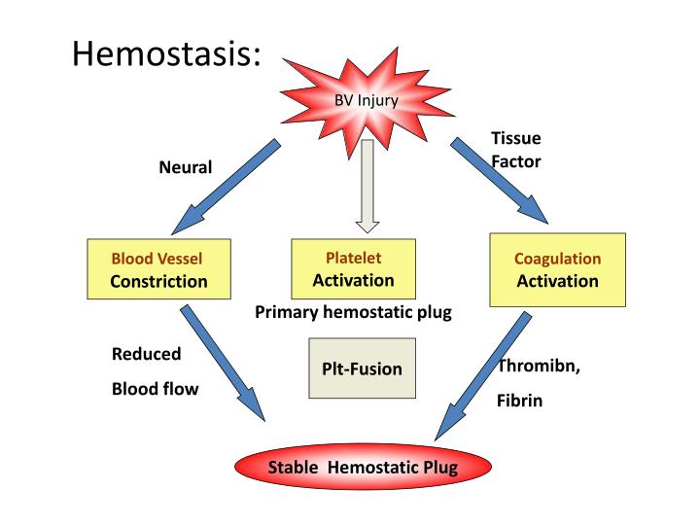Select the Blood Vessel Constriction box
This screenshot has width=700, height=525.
point(158,270)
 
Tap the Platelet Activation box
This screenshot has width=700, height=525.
point(353,268)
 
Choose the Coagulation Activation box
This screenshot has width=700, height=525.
point(557,269)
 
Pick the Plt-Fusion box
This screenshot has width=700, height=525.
point(362,368)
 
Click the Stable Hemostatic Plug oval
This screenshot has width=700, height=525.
point(363,468)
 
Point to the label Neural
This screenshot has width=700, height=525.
point(185,167)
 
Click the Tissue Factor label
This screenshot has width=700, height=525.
point(515,150)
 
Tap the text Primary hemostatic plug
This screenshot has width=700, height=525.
point(353,312)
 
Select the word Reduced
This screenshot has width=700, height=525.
point(146,354)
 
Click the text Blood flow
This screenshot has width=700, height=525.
point(155,389)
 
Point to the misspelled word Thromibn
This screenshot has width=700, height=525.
point(540,366)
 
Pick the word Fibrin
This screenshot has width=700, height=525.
point(519,400)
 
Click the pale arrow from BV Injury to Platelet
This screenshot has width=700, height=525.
point(367,186)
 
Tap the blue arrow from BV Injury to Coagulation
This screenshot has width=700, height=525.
point(500,183)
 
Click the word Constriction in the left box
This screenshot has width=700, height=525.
point(158,282)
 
